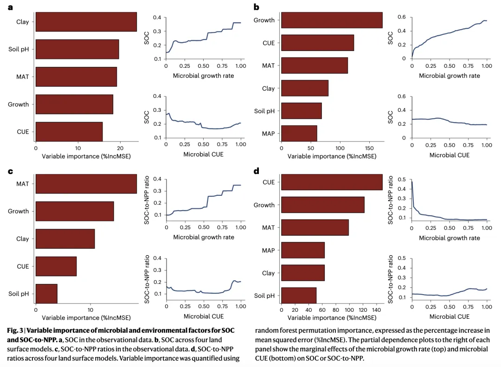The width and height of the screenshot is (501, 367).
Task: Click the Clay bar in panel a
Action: (86, 22)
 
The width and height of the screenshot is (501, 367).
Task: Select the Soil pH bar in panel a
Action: (77, 49)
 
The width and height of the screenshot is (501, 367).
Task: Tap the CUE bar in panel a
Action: (69, 131)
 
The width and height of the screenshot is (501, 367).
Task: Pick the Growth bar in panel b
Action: (331, 20)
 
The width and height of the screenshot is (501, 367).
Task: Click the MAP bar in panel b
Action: (299, 134)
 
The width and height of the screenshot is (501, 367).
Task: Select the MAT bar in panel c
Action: (86, 184)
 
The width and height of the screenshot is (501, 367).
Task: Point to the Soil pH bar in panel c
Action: (46, 293)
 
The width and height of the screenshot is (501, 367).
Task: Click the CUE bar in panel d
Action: (331, 182)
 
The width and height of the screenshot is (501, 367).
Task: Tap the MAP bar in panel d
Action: (302, 250)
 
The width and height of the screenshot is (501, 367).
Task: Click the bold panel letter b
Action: (256, 7)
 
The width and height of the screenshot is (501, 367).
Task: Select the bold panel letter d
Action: (256, 171)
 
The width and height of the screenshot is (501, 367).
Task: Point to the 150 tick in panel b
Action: (369, 148)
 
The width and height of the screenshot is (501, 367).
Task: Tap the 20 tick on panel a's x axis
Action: (120, 148)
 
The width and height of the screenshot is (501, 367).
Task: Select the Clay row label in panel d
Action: (268, 273)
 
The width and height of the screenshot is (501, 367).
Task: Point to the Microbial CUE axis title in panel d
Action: (449, 316)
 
